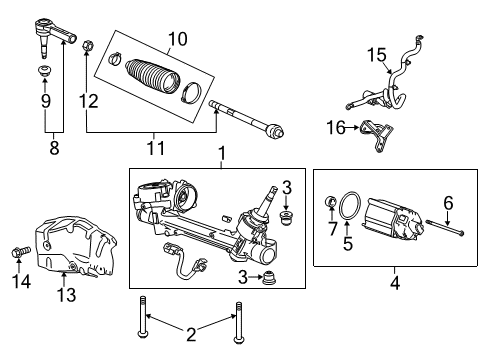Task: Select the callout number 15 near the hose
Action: [x=374, y=54]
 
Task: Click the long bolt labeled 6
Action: [x=440, y=238]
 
